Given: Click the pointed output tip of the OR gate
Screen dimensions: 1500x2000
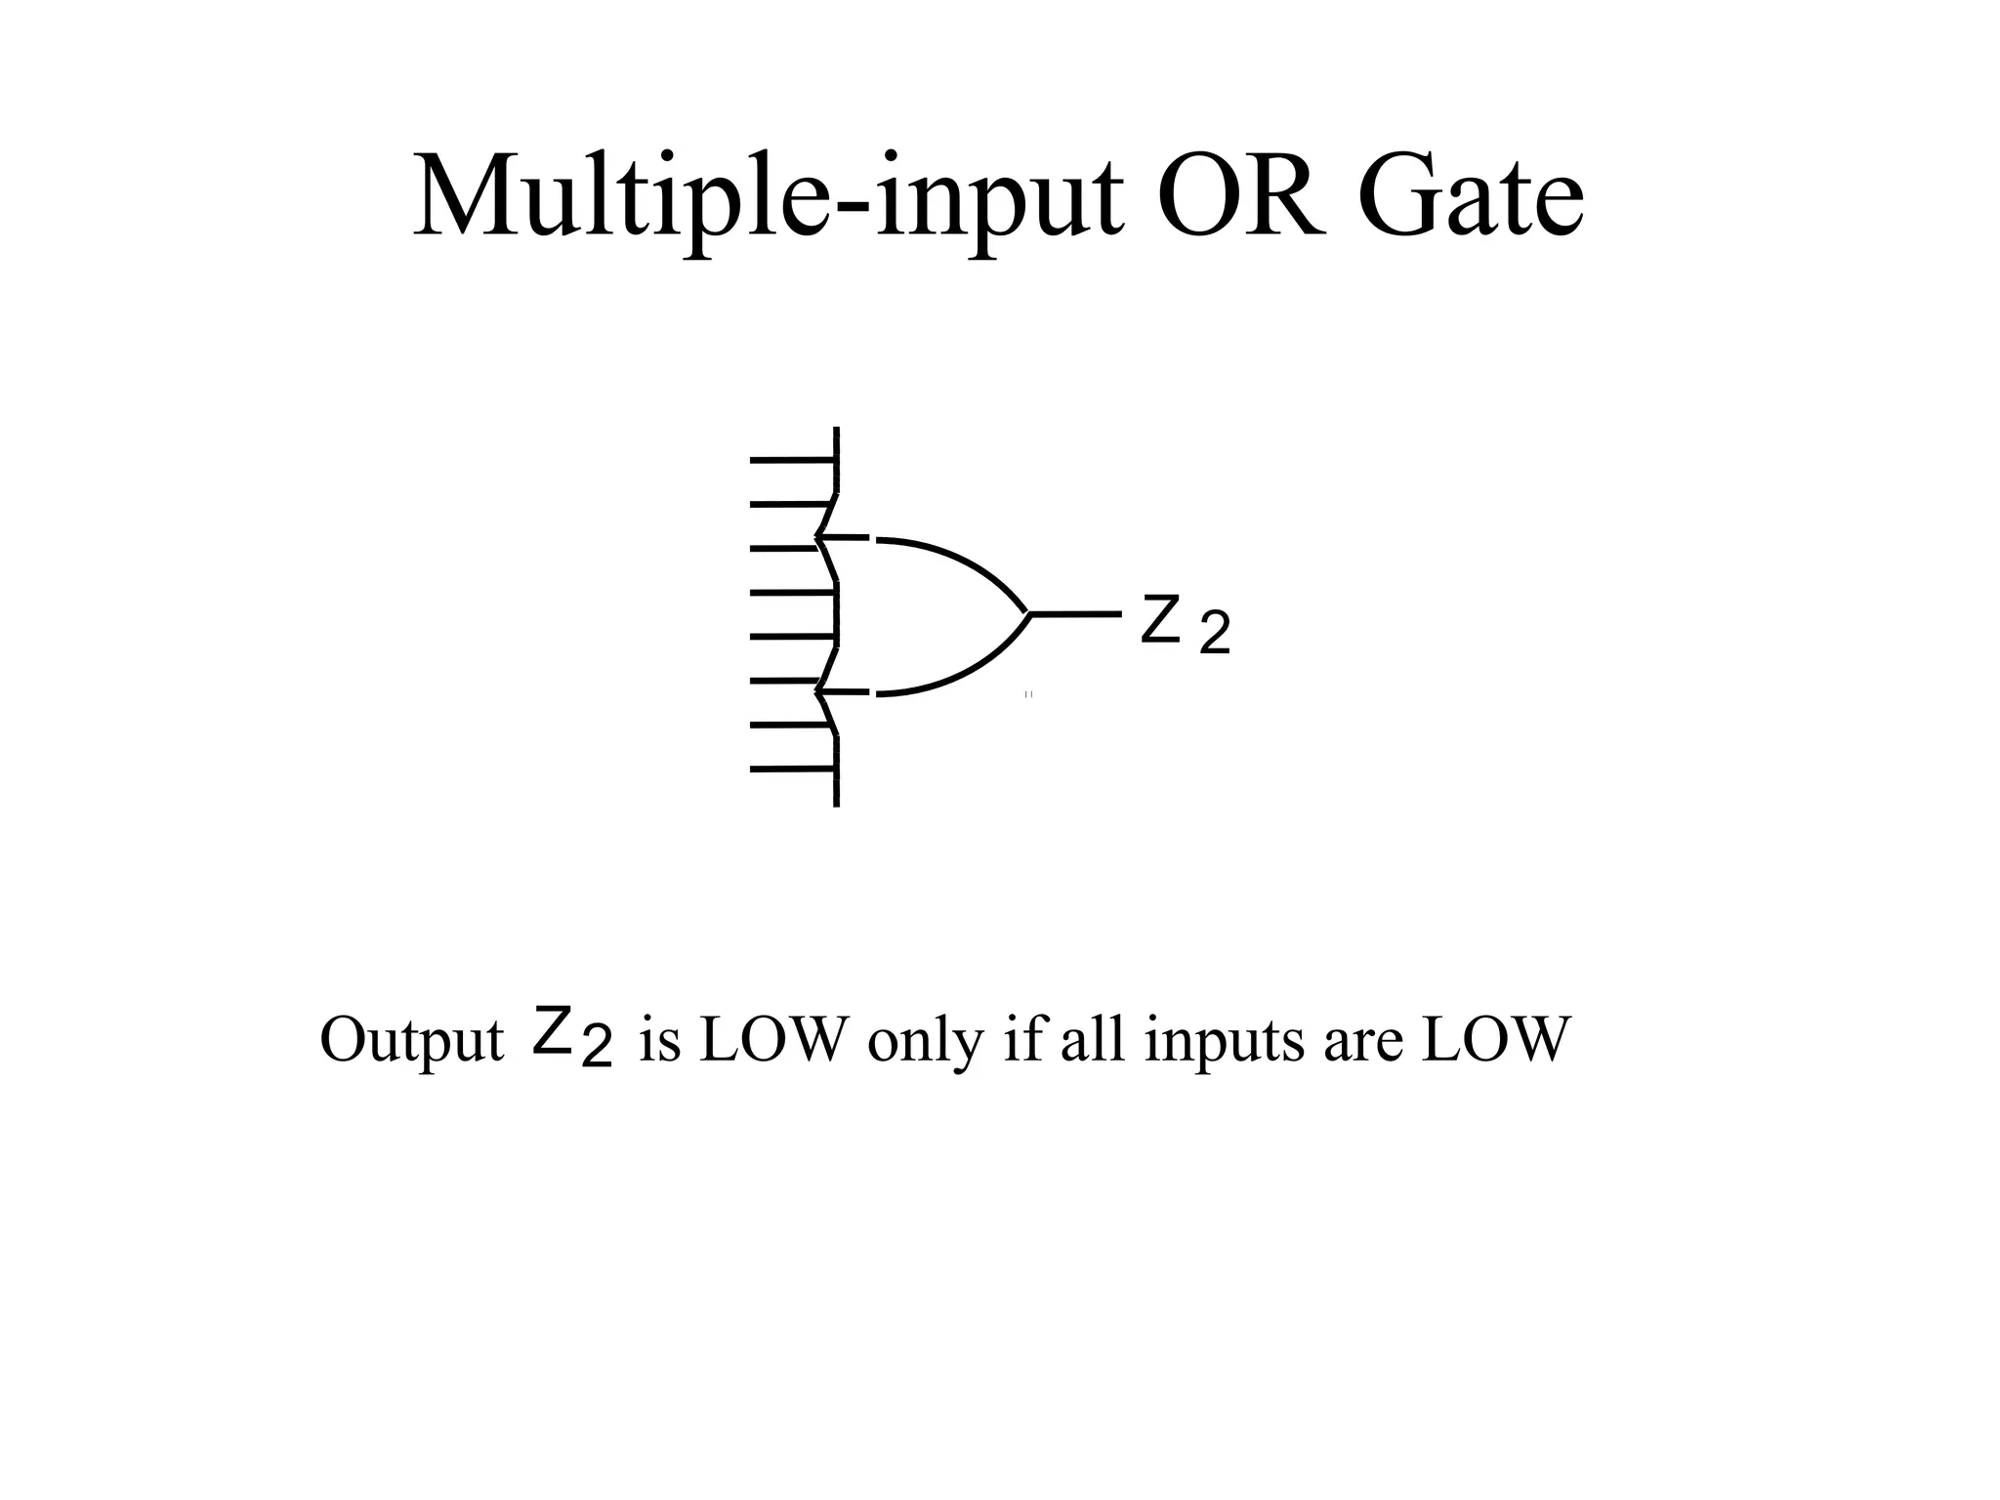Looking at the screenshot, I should pos(1028,614).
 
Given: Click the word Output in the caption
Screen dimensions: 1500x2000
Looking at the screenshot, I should pos(411,1040).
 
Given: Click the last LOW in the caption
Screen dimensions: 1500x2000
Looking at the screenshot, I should pos(1495,1040).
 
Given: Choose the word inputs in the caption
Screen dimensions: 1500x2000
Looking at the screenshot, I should pos(1226,1040).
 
